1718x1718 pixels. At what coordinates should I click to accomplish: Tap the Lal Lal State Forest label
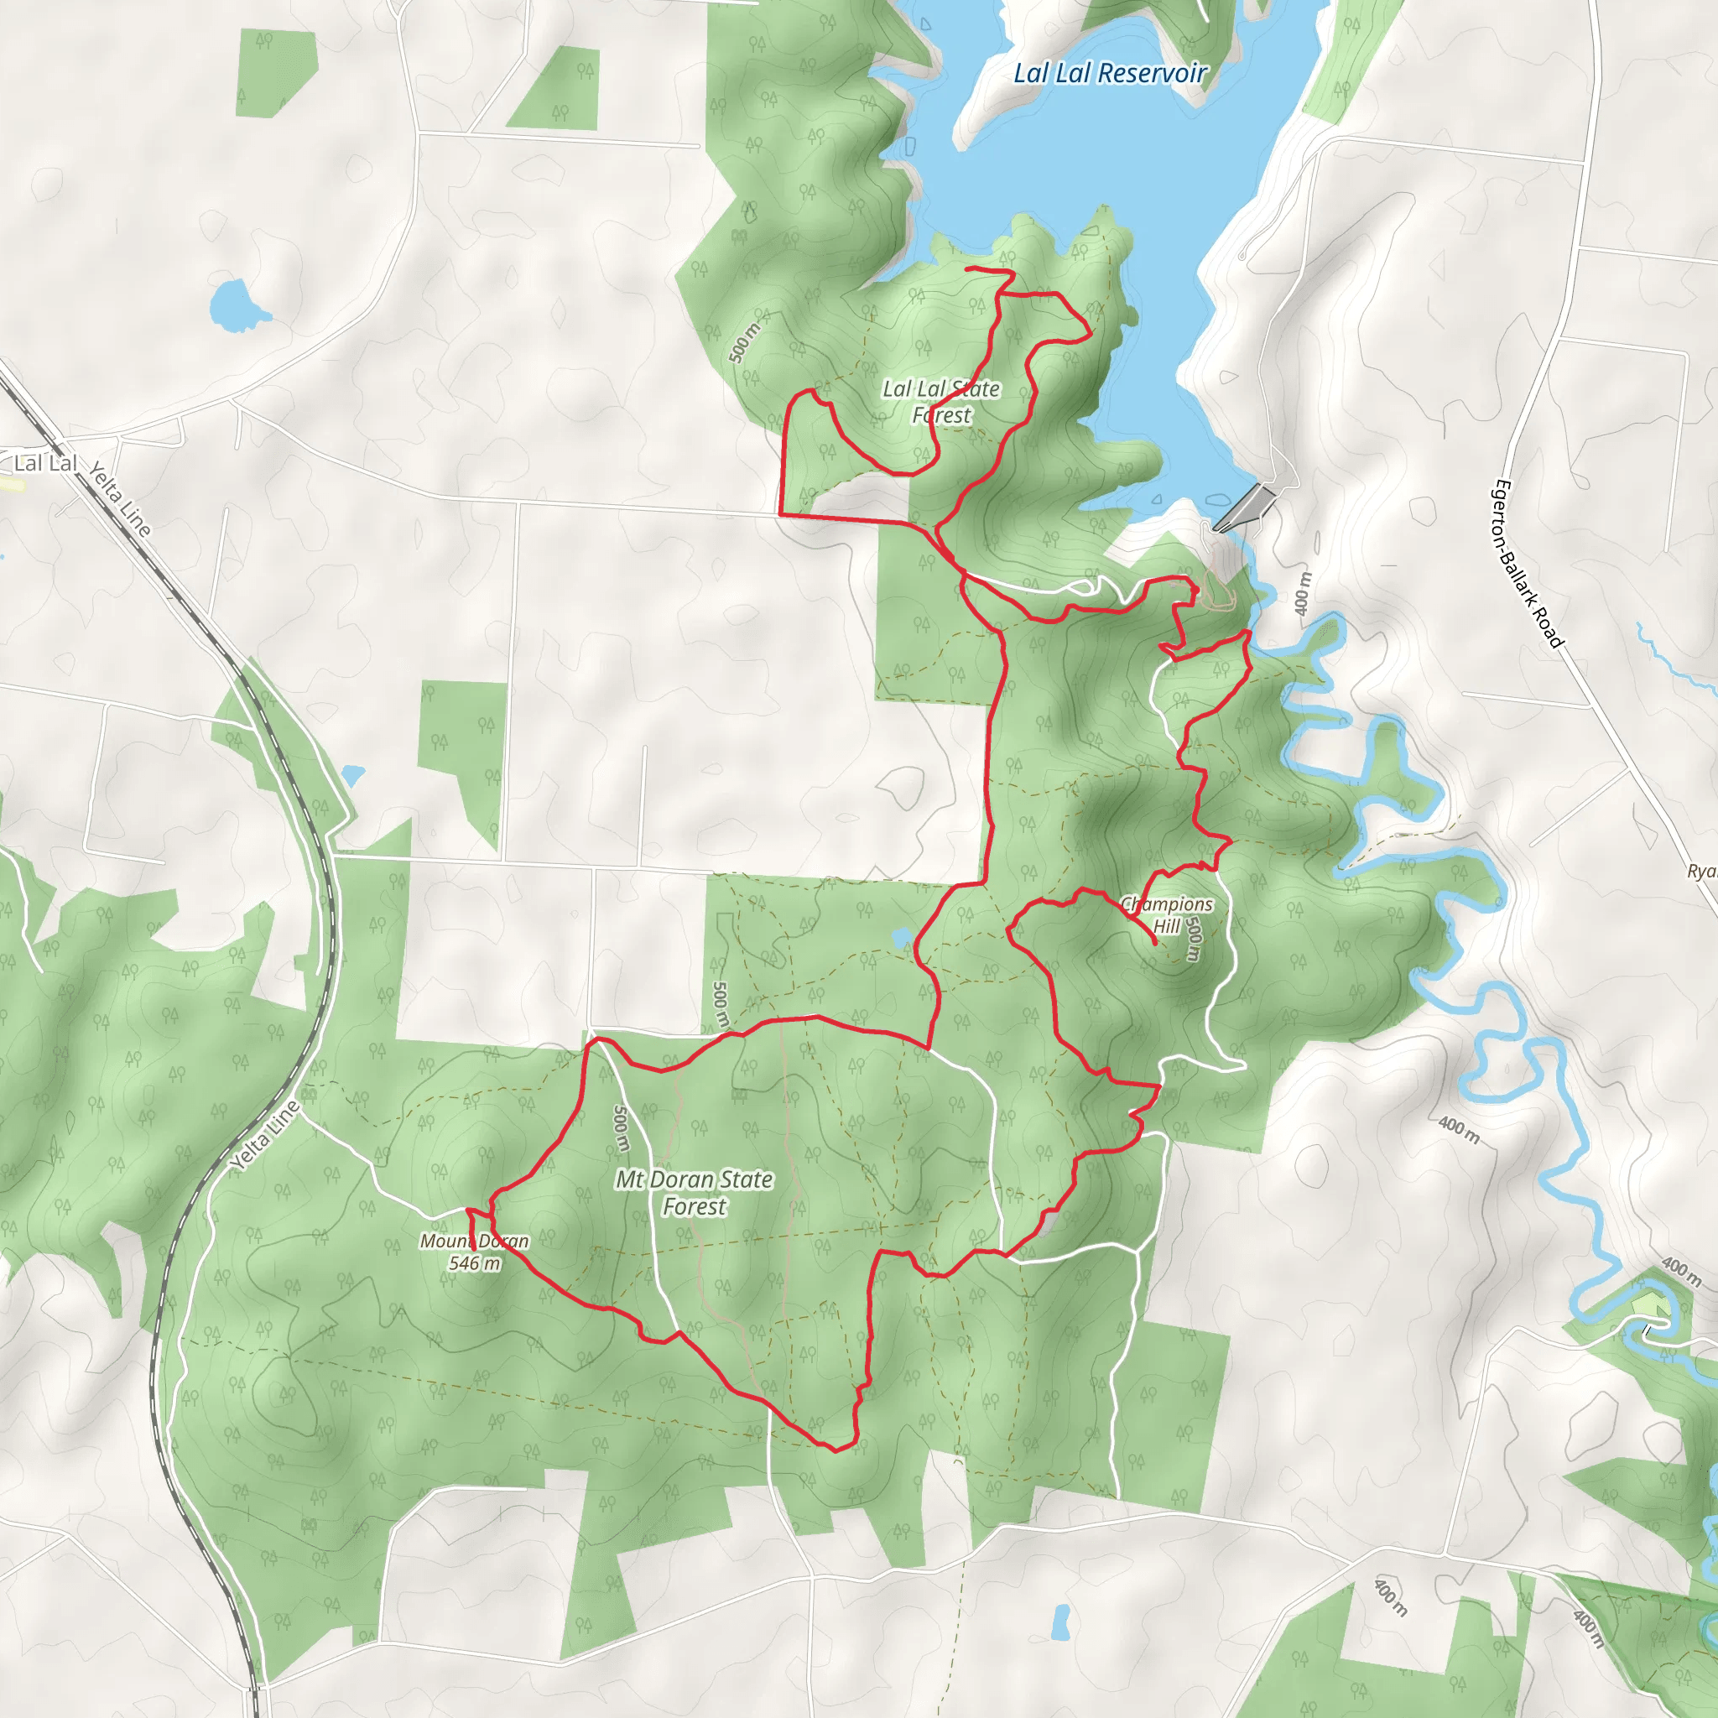coord(941,402)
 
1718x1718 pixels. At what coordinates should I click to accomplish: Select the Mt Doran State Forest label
coord(694,1193)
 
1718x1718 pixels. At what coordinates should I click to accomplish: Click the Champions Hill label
coord(1166,915)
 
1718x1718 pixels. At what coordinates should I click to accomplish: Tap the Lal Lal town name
coord(45,463)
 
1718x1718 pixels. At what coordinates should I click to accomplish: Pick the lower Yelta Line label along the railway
coord(265,1136)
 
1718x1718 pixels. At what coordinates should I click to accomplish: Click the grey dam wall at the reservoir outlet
coord(1245,508)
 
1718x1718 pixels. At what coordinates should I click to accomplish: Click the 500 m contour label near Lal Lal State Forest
coord(744,342)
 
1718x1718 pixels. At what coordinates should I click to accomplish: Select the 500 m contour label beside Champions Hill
coord(1194,940)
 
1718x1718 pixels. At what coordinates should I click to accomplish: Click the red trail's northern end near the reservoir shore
coord(967,268)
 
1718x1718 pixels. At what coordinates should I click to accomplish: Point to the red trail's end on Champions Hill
coord(1154,943)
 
